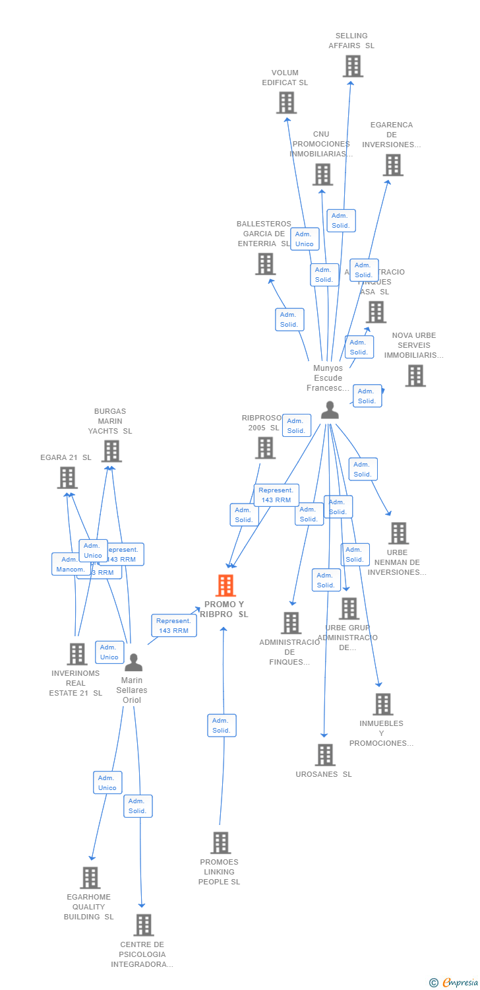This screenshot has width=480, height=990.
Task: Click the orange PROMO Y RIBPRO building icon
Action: pyautogui.click(x=225, y=585)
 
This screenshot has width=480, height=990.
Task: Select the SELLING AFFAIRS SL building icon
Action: pyautogui.click(x=353, y=66)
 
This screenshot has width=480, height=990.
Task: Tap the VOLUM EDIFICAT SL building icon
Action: pyautogui.click(x=286, y=103)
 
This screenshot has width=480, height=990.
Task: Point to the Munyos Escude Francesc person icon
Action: pyautogui.click(x=330, y=410)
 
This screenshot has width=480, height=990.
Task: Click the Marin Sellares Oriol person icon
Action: pyautogui.click(x=133, y=662)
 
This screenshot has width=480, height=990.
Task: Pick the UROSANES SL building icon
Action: pyautogui.click(x=325, y=755)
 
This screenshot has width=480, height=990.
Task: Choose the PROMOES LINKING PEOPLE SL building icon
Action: pyautogui.click(x=221, y=843)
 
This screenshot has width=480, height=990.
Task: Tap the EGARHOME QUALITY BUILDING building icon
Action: pyautogui.click(x=90, y=878)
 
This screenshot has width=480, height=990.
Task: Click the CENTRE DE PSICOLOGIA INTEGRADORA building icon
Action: pyautogui.click(x=144, y=925)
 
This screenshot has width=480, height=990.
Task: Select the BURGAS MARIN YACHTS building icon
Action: pyautogui.click(x=111, y=451)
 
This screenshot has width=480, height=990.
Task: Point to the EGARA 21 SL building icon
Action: pyautogui.click(x=67, y=478)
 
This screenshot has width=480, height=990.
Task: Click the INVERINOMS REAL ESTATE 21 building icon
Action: pyautogui.click(x=77, y=654)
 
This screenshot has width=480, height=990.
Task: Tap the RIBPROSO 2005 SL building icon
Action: pyautogui.click(x=265, y=448)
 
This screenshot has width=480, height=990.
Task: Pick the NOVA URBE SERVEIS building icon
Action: pyautogui.click(x=415, y=376)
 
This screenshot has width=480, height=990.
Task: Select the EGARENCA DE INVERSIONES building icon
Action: pyautogui.click(x=393, y=165)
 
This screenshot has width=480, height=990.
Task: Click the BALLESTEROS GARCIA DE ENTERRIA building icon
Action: pyautogui.click(x=265, y=264)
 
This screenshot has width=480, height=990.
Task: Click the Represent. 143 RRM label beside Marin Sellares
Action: pyautogui.click(x=173, y=626)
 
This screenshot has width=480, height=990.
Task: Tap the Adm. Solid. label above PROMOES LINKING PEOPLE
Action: pyautogui.click(x=222, y=725)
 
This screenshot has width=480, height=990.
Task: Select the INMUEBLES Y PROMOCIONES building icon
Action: pyautogui.click(x=383, y=704)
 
